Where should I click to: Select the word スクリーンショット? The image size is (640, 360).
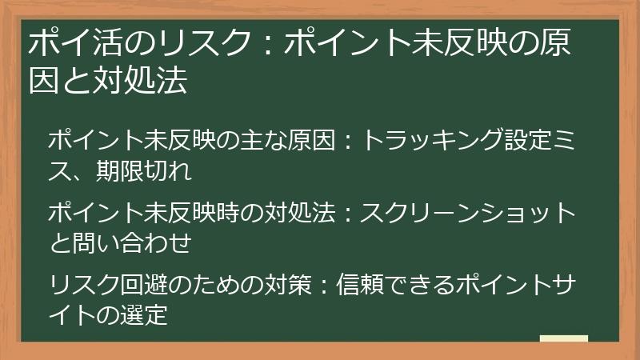click(x=468, y=214)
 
